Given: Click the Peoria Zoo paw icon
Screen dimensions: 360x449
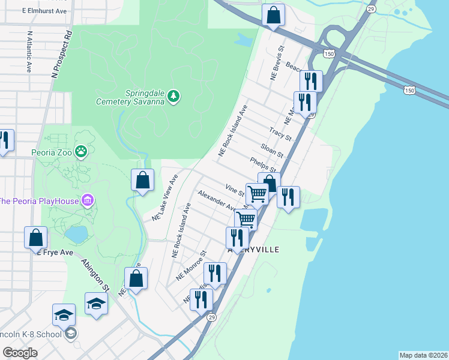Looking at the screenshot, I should tap(80, 151).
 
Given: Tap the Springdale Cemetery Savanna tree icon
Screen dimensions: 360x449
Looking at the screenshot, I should tap(173, 96).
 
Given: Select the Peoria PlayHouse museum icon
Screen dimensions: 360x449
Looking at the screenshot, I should tap(88, 199).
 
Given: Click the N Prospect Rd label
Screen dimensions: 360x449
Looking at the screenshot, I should tap(62, 55).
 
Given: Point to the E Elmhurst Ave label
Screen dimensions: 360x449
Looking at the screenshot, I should tap(44, 11).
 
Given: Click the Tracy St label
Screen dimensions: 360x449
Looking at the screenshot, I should tap(280, 134).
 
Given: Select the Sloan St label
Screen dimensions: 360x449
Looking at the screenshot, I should tap(272, 150).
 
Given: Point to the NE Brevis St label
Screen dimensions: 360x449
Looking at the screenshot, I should tap(277, 64).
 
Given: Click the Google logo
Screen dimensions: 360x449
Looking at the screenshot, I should tap(20, 352).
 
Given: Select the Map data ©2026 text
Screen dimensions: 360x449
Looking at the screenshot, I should tap(423, 355).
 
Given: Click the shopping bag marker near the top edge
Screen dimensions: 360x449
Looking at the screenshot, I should tap(273, 15).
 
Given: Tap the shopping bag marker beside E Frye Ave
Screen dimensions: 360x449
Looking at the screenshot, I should tap(36, 237).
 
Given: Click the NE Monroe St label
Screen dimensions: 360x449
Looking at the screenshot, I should tap(191, 266).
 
